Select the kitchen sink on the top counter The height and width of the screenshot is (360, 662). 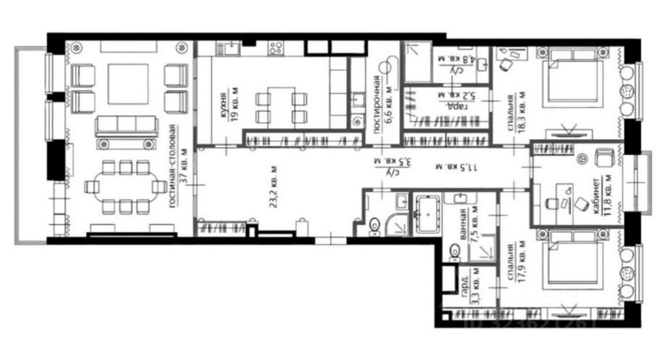click(x=231, y=48)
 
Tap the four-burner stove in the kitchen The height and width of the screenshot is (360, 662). click(x=275, y=48)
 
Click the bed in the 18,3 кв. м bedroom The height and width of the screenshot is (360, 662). click(x=573, y=80)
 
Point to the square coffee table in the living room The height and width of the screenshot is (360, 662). click(x=128, y=84)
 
